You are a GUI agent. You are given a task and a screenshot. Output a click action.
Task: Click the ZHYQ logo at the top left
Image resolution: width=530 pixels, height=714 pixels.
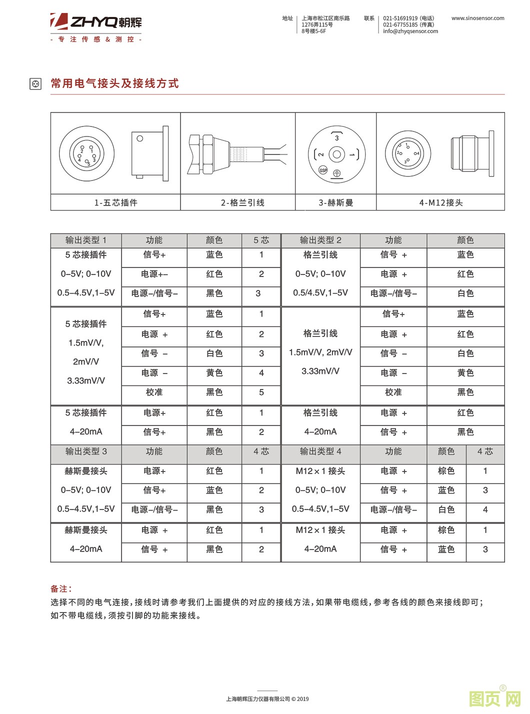[96, 22]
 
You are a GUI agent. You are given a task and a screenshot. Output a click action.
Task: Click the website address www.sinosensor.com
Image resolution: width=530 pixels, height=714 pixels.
[477, 18]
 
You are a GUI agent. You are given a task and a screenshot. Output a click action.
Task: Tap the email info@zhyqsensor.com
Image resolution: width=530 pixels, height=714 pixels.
[410, 31]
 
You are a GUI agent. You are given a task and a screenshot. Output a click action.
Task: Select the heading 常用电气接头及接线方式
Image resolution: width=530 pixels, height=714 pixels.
[114, 83]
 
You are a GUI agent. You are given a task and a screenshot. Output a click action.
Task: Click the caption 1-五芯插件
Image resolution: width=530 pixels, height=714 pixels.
[115, 202]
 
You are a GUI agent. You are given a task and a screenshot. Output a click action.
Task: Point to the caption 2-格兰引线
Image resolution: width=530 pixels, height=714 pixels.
[242, 202]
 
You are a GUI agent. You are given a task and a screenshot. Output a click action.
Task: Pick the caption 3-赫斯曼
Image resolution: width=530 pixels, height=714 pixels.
[336, 202]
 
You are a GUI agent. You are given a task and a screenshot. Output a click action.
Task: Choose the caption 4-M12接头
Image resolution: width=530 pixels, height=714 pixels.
[440, 202]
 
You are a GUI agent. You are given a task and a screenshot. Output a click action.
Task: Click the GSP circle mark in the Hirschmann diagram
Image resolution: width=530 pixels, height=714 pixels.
[323, 170]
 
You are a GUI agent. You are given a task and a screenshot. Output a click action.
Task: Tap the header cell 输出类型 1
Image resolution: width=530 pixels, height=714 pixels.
[86, 240]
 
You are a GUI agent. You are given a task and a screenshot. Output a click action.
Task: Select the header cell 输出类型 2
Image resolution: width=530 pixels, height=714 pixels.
[320, 240]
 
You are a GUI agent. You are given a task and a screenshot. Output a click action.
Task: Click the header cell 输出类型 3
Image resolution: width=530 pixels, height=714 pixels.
[86, 451]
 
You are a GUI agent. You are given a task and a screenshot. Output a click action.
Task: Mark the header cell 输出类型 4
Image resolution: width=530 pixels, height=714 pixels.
[320, 451]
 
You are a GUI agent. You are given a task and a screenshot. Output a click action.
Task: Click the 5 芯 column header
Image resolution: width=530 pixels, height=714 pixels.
[261, 240]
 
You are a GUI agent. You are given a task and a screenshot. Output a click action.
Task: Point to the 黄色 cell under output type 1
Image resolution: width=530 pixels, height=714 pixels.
[214, 373]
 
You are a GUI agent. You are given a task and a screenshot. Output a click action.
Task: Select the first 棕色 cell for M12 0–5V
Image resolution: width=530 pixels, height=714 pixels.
[446, 471]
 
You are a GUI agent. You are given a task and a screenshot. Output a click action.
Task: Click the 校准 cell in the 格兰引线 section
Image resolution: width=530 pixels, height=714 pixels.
[393, 392]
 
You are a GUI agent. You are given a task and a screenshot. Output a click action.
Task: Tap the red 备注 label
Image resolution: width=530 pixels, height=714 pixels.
[61, 589]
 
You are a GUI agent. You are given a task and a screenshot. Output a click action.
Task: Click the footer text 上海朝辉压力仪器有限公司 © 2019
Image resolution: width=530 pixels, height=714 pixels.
[267, 699]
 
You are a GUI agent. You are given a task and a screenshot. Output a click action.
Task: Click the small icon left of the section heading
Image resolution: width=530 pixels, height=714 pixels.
[35, 84]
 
